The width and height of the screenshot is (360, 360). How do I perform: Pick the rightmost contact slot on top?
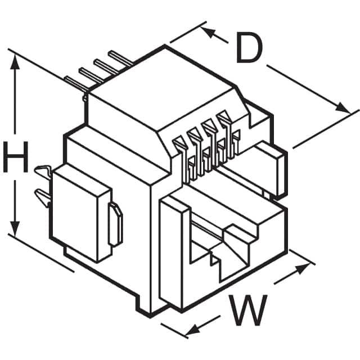pyautogui.click(x=226, y=121)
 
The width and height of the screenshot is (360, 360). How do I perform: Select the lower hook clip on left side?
pyautogui.click(x=44, y=196)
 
